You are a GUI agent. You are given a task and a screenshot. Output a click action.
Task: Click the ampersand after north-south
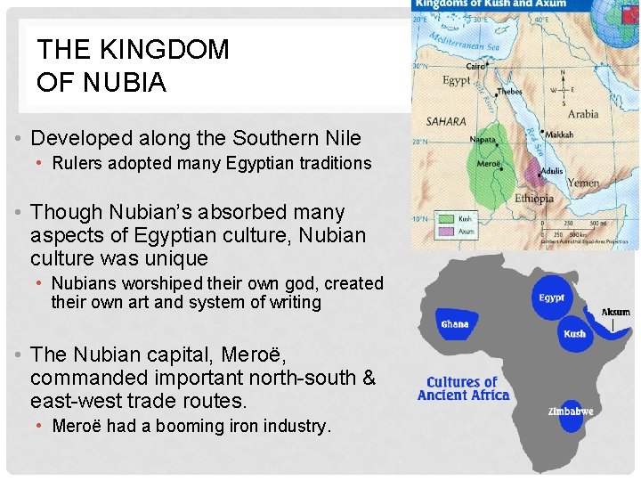point(369,377)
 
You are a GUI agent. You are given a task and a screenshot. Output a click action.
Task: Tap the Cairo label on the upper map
point(476,67)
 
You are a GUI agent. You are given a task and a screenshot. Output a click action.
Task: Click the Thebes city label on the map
point(508,91)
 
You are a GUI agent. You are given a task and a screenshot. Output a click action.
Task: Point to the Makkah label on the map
point(560,135)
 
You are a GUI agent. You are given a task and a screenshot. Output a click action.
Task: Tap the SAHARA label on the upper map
point(445,121)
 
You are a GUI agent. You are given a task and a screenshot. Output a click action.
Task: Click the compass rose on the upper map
point(563,91)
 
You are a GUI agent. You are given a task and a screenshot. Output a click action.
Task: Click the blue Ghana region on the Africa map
point(454,322)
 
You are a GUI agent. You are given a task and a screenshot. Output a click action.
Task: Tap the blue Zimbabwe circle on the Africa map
point(571,412)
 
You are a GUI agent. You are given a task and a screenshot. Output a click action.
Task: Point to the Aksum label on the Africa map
point(615,312)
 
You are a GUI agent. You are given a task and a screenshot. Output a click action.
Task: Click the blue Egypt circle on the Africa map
point(552,298)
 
